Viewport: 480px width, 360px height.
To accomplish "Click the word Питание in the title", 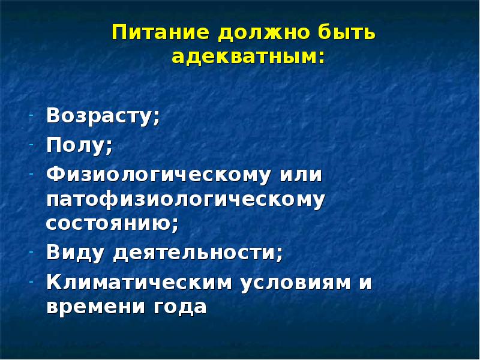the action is pos(161,32).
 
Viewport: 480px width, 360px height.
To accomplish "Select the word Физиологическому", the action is pos(158,175).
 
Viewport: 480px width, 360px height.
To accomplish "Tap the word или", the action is pos(301,175).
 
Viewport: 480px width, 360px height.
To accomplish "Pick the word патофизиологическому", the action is pos(185,201).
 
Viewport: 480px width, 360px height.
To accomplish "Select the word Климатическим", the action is pos(139,281).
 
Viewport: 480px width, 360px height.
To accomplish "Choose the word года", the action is pos(180,307).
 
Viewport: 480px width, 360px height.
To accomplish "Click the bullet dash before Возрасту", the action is pos(31,116).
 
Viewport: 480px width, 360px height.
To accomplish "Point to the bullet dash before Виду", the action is pos(31,252).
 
